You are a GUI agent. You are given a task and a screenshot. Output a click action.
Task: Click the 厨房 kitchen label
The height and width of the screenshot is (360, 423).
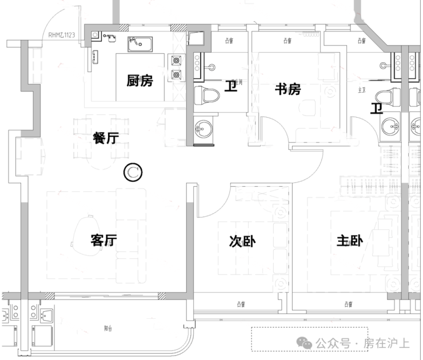[x=139, y=81]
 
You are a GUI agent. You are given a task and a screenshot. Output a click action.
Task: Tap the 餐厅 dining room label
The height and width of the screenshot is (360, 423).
[x=105, y=137]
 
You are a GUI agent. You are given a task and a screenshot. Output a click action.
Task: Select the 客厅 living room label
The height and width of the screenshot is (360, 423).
[x=104, y=241]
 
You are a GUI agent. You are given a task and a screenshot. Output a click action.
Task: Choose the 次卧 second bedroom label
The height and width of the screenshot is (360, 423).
[x=242, y=242]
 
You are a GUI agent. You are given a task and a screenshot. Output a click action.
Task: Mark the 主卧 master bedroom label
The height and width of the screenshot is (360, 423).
[x=349, y=242]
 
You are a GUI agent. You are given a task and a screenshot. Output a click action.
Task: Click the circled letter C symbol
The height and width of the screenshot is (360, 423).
[x=133, y=171]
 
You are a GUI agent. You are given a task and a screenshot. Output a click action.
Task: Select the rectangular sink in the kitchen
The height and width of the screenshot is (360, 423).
[x=140, y=43]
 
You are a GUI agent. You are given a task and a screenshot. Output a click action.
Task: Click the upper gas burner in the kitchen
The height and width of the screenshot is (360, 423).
[x=175, y=59]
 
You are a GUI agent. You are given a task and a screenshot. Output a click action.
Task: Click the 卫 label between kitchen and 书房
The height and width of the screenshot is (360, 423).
[x=230, y=87]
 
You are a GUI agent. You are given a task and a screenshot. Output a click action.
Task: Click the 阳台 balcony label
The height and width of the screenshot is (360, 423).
[x=109, y=329]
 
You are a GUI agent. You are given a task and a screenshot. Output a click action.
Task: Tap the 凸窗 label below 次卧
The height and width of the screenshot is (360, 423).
[x=238, y=304]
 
